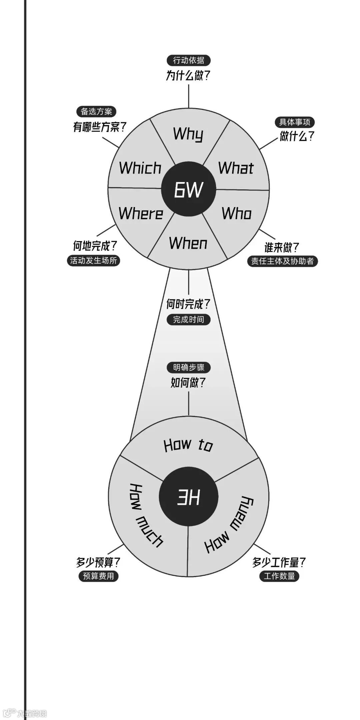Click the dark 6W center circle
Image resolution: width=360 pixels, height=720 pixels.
tap(188, 189)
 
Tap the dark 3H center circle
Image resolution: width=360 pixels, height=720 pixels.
tap(188, 497)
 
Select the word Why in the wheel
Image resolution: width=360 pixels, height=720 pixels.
tap(188, 134)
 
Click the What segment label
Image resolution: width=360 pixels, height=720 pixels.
tap(236, 168)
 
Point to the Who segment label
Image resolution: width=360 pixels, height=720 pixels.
tap(237, 213)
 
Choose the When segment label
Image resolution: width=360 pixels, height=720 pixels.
tap(188, 243)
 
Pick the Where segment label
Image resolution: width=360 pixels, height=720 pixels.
tap(141, 213)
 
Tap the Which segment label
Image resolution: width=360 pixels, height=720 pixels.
tap(140, 168)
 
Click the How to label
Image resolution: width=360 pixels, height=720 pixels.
tap(188, 445)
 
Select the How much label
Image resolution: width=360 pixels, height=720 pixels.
tap(145, 515)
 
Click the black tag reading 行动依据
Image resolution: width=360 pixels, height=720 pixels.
tap(189, 60)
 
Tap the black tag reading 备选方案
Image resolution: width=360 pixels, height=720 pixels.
tap(96, 111)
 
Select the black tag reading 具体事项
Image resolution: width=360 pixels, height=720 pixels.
tap(295, 122)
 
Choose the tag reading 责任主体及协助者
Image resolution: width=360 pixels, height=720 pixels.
tap(282, 261)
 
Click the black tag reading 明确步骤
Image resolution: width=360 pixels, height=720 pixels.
tap(189, 368)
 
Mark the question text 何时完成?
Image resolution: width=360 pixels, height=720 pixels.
tap(188, 304)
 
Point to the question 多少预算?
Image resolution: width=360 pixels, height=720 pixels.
tap(98, 563)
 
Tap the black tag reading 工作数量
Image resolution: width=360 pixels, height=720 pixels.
tap(279, 576)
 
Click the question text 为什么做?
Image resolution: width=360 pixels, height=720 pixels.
tap(188, 76)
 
